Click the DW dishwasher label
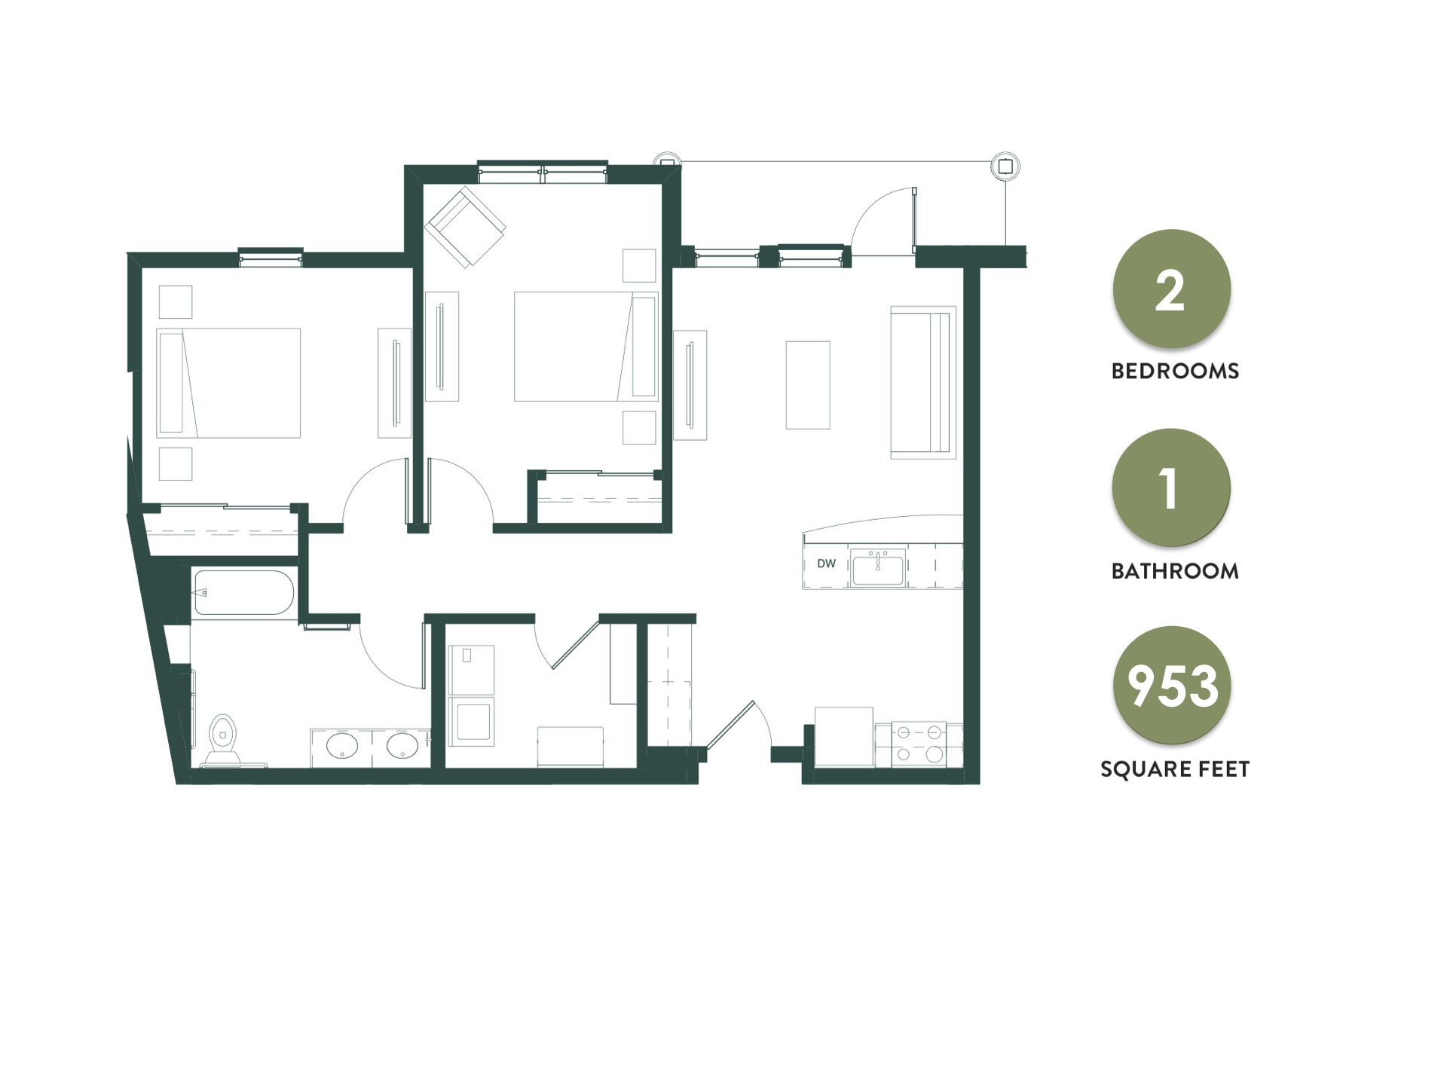(x=826, y=564)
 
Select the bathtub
(x=243, y=594)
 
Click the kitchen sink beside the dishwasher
(x=878, y=567)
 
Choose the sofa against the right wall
(x=922, y=382)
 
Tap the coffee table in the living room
(x=808, y=385)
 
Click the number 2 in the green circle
(x=1170, y=292)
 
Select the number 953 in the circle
(x=1172, y=686)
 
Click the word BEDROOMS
(x=1175, y=371)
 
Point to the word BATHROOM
(x=1175, y=571)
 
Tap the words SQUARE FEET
(x=1175, y=769)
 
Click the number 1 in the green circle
(x=1169, y=489)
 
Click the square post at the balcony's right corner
(x=1005, y=166)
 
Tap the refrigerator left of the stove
(x=844, y=737)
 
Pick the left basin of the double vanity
(x=341, y=746)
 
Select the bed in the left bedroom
(x=228, y=383)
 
